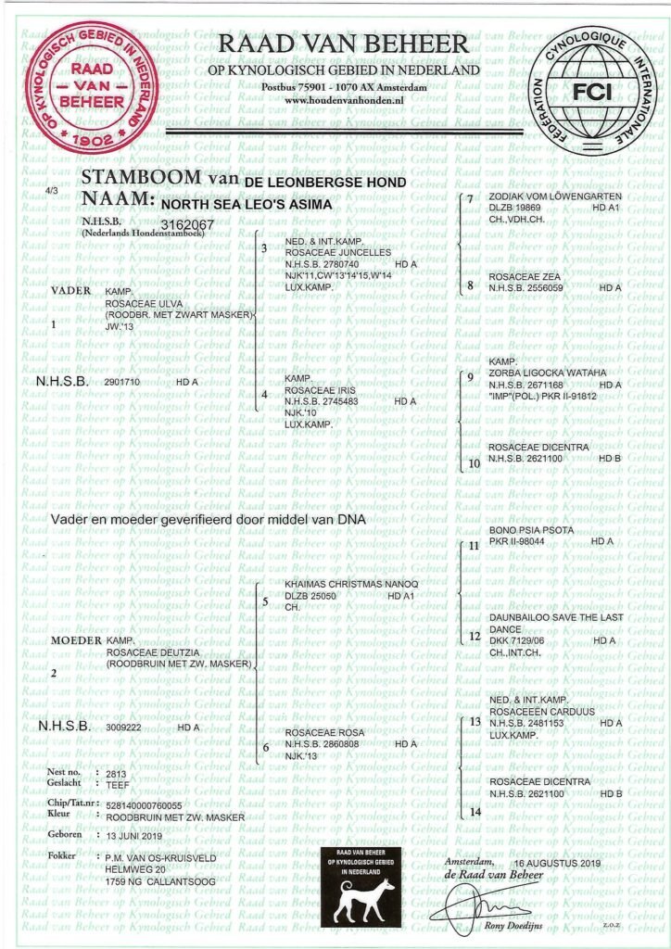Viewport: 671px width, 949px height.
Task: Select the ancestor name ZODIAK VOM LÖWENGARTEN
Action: (x=542, y=198)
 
